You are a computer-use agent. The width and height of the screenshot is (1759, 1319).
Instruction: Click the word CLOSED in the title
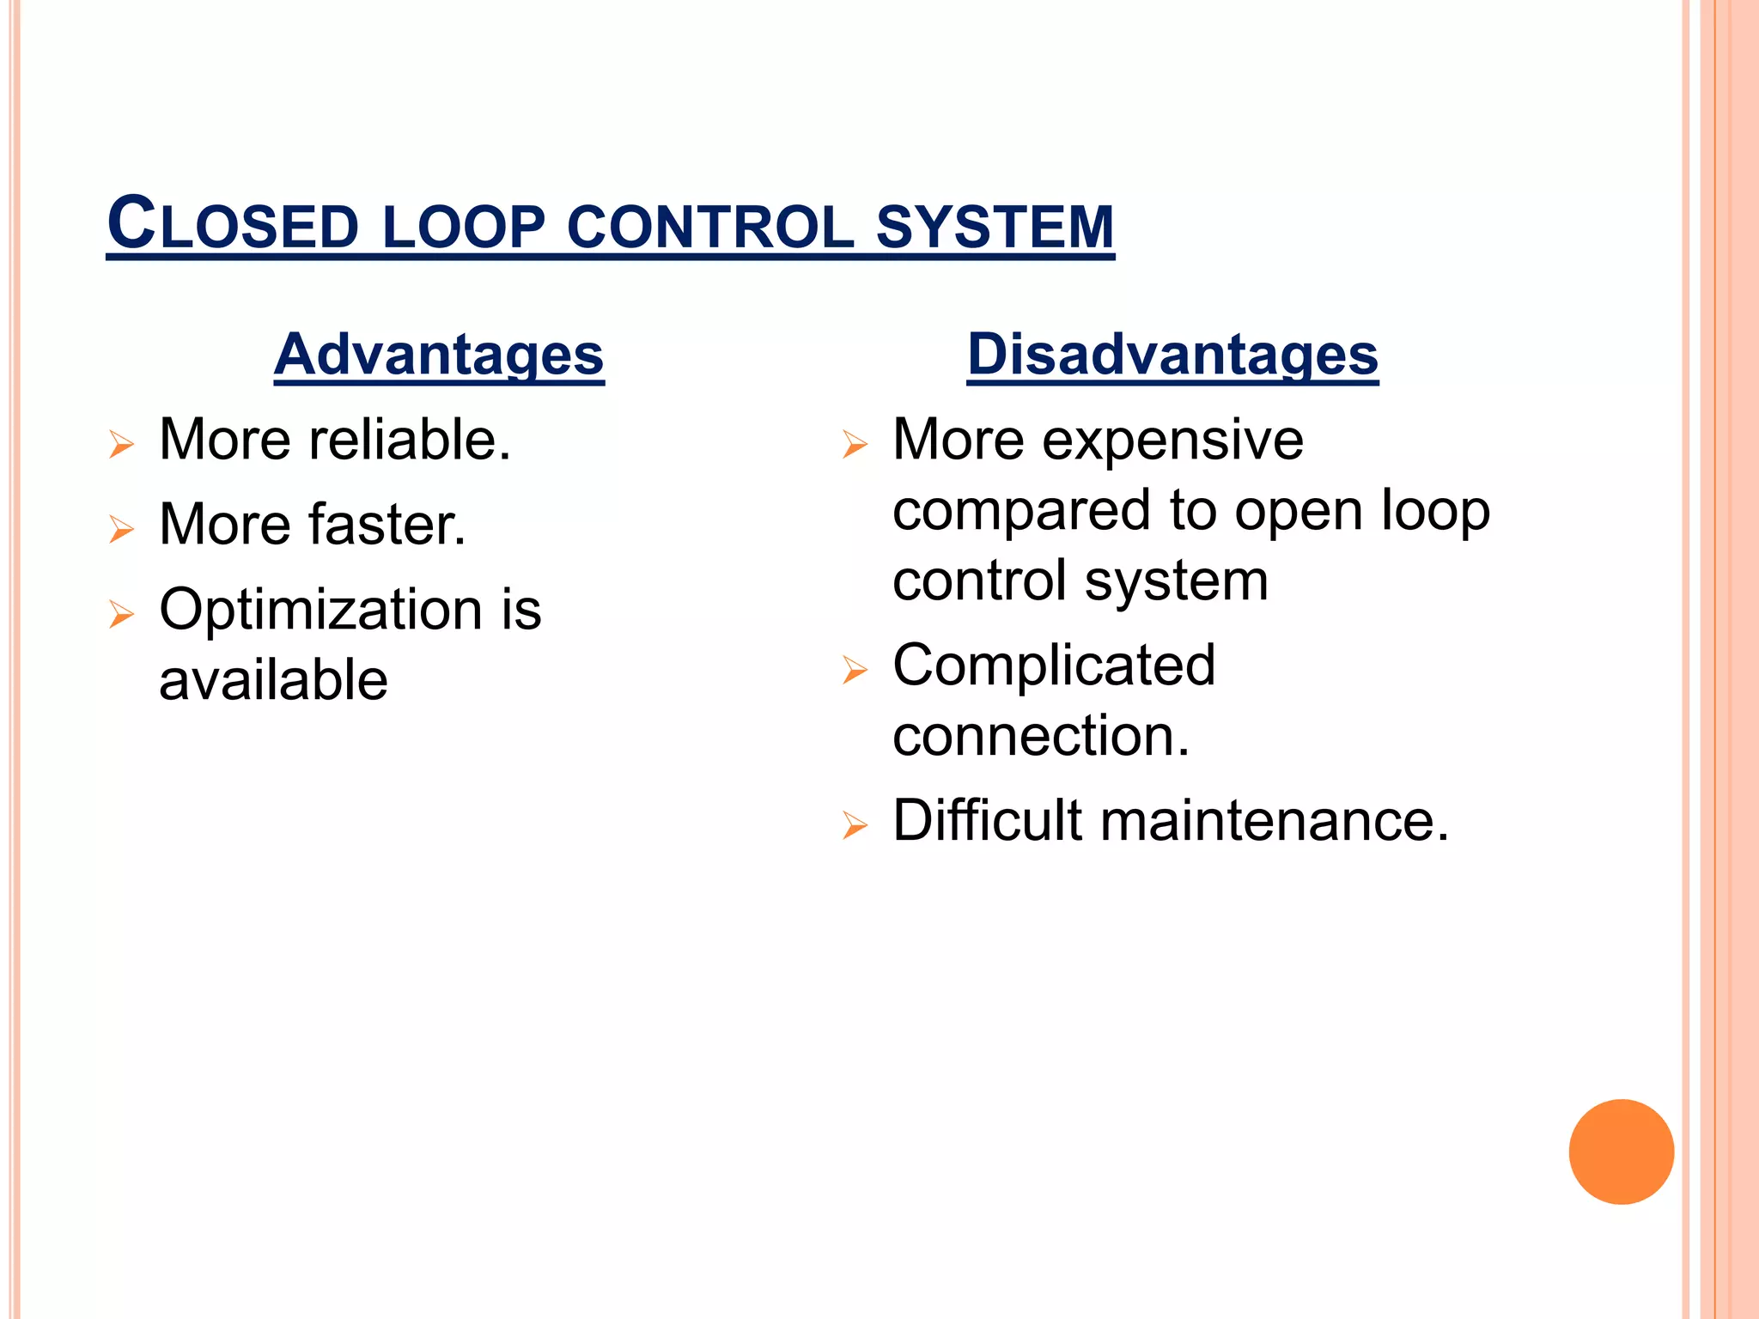pos(233,225)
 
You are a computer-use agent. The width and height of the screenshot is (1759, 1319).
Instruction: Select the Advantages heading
pos(439,354)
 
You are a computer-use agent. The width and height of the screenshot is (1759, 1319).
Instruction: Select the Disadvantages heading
pos(1172,354)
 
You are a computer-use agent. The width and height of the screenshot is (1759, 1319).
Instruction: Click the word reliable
pos(410,440)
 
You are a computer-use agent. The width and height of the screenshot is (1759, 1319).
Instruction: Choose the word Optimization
pos(321,610)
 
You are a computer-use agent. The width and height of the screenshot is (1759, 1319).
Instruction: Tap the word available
pos(273,680)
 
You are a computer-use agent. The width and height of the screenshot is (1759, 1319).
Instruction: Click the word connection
pos(1041,736)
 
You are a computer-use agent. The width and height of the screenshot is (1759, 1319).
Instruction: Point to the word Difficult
pos(987,820)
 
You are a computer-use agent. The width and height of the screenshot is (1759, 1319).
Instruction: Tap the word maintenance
pos(1275,821)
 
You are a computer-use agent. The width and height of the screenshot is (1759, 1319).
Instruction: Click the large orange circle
pos(1621,1152)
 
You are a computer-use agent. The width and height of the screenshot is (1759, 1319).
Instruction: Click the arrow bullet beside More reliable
pos(122,445)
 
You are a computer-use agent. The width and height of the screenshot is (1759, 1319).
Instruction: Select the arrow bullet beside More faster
pos(122,529)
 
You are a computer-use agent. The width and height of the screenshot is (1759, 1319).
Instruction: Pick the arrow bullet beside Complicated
pos(855,670)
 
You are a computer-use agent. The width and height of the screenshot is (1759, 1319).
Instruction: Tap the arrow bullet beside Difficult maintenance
pos(855,825)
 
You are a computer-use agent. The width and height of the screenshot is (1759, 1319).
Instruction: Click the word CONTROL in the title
pos(710,227)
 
